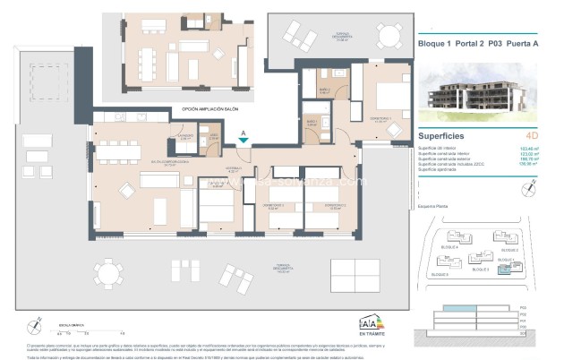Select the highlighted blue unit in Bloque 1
click(x=507, y=268)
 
